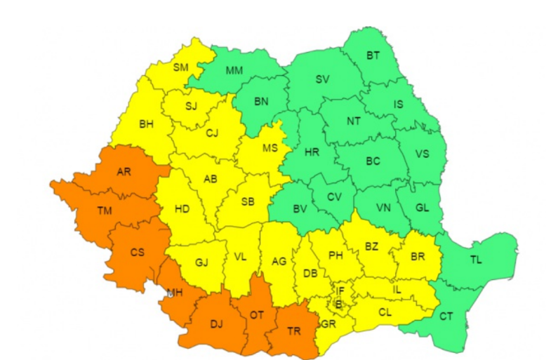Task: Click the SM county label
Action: (180, 67)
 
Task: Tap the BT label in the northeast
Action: (373, 55)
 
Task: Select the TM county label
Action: (104, 210)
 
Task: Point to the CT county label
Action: (446, 316)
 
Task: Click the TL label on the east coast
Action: (476, 260)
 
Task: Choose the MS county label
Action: (270, 148)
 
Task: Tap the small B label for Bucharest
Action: (338, 303)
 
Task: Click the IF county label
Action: (340, 291)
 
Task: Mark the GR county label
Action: (327, 324)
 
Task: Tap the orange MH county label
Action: (175, 293)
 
